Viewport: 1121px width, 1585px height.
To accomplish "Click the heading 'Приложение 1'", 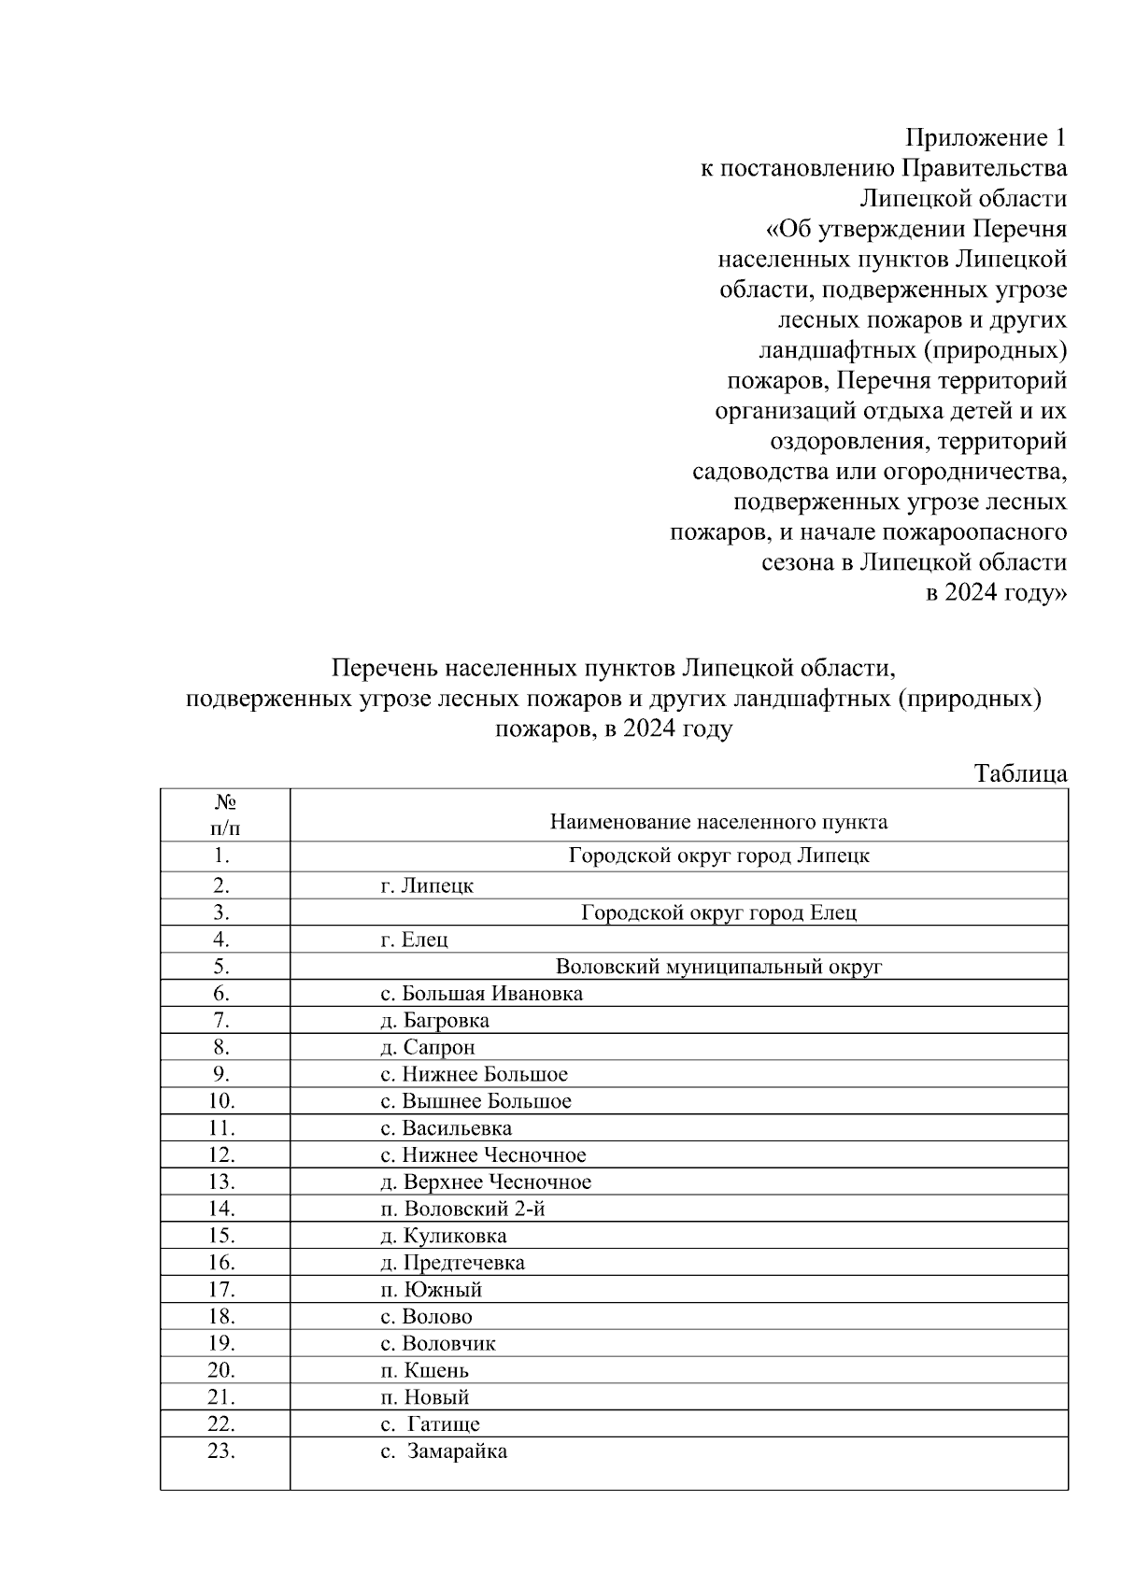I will pos(985,139).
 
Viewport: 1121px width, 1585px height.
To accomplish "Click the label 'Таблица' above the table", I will pos(1020,773).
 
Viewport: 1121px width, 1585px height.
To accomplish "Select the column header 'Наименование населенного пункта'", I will pos(718,823).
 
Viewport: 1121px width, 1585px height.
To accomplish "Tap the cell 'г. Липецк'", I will pos(427,885).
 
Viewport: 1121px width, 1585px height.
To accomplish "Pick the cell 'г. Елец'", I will pos(414,940).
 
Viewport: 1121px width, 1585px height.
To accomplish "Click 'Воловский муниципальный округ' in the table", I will pos(718,967).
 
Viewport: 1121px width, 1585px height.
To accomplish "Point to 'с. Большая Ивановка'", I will pos(481,994).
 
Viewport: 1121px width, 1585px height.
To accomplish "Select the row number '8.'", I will pos(221,1048).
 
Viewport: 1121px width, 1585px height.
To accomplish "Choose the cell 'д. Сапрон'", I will pos(428,1048).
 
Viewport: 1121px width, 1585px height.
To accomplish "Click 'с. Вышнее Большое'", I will pos(475,1101).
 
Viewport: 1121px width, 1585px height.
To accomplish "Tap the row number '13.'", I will pos(221,1182).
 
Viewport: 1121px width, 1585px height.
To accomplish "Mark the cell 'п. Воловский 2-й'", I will pos(462,1210).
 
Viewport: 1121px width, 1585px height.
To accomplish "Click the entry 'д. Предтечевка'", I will pos(452,1263).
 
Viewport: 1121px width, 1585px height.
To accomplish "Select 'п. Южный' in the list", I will pos(432,1290).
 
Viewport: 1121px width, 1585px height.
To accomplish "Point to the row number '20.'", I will pos(221,1371).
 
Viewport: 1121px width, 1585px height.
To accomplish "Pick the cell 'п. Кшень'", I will pos(425,1371).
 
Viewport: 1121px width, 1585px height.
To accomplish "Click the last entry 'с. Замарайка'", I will pos(445,1452).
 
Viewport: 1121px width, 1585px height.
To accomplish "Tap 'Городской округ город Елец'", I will pos(718,913).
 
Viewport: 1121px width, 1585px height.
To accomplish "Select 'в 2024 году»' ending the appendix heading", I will pos(996,593).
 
